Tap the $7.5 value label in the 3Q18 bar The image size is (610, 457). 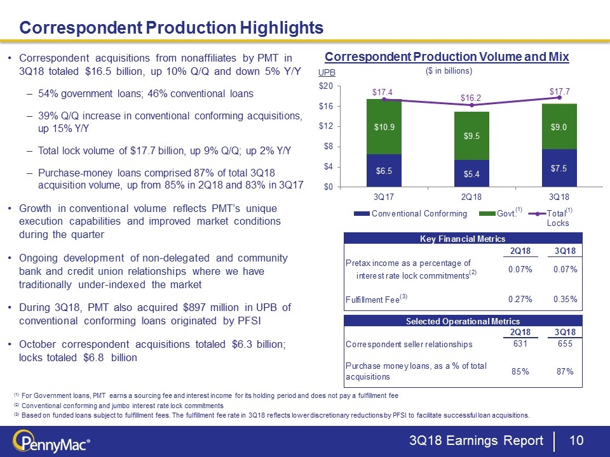pos(559,168)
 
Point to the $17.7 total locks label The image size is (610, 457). pos(559,92)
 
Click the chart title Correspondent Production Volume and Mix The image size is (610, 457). pos(447,57)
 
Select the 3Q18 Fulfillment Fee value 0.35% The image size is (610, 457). pos(565,299)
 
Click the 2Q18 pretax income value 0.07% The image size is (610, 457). pos(520,269)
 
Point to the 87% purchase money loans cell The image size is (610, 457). pos(565,371)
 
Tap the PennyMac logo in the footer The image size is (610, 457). pos(51,441)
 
